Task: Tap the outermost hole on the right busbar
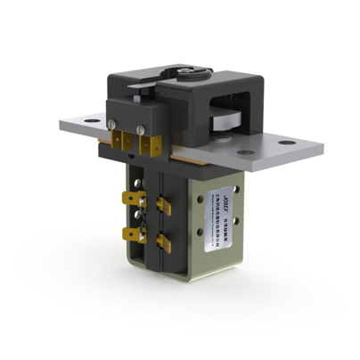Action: tap(287, 142)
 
